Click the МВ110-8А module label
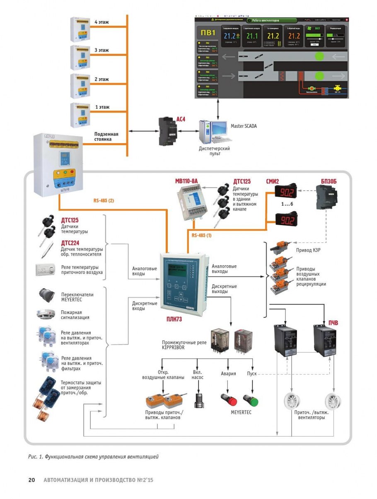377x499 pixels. pyautogui.click(x=187, y=181)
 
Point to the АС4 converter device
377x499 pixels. pyautogui.click(x=168, y=132)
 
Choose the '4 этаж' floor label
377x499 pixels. pyautogui.click(x=101, y=22)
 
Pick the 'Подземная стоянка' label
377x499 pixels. pyautogui.click(x=106, y=137)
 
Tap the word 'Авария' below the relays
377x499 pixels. pyautogui.click(x=229, y=374)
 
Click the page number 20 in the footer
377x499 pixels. pyautogui.click(x=31, y=480)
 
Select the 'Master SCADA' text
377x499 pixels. pyautogui.click(x=243, y=126)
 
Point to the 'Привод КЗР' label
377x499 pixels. pyautogui.click(x=307, y=250)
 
